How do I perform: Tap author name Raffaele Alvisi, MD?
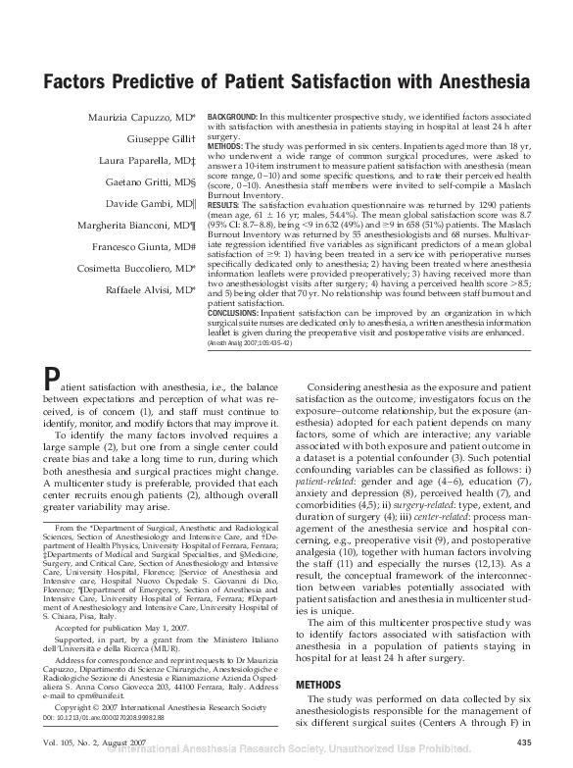click(153, 289)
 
